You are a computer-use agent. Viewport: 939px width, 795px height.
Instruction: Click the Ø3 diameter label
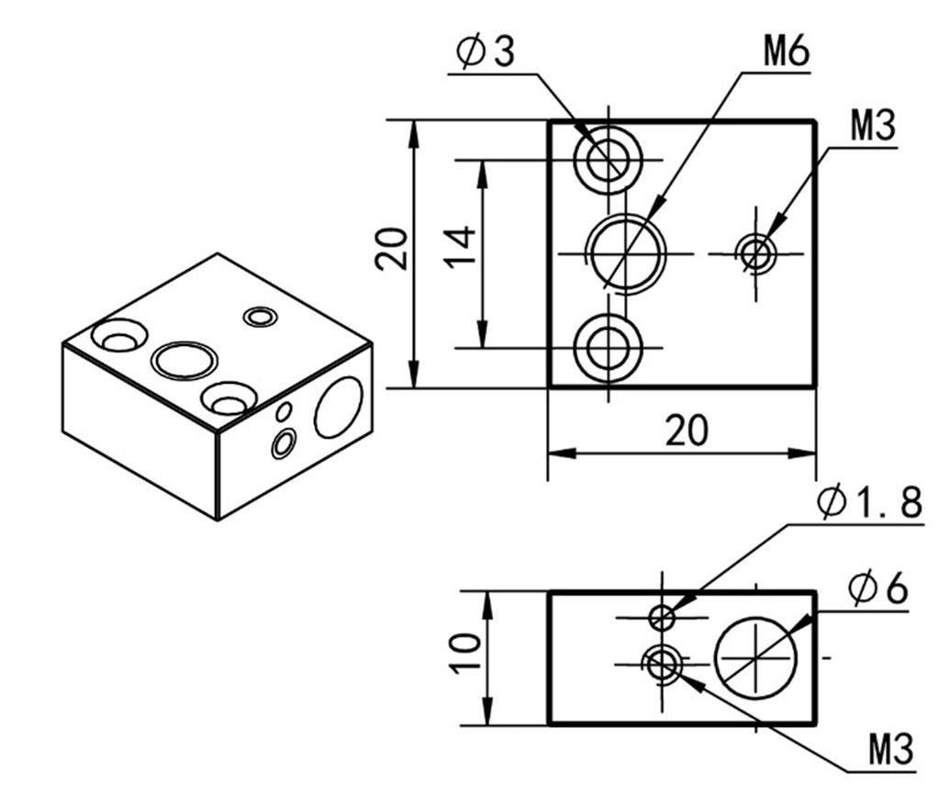click(486, 52)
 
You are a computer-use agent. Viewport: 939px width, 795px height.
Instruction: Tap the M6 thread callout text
click(787, 52)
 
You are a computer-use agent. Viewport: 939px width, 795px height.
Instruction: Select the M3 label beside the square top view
click(871, 126)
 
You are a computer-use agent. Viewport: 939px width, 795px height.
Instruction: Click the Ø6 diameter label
click(878, 588)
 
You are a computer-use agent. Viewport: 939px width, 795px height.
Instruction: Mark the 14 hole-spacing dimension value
click(463, 247)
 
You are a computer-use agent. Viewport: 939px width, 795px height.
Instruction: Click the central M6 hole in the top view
click(627, 252)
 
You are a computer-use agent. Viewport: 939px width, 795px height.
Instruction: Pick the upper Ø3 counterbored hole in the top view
click(607, 161)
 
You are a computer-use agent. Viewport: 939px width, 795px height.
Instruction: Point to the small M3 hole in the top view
click(756, 252)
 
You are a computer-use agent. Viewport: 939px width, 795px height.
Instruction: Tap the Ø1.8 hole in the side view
click(662, 617)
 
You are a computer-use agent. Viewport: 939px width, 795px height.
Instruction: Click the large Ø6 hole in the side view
click(756, 658)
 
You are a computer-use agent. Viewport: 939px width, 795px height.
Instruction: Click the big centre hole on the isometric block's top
click(184, 359)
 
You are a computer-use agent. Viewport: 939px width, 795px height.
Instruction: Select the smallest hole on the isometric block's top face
click(260, 317)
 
